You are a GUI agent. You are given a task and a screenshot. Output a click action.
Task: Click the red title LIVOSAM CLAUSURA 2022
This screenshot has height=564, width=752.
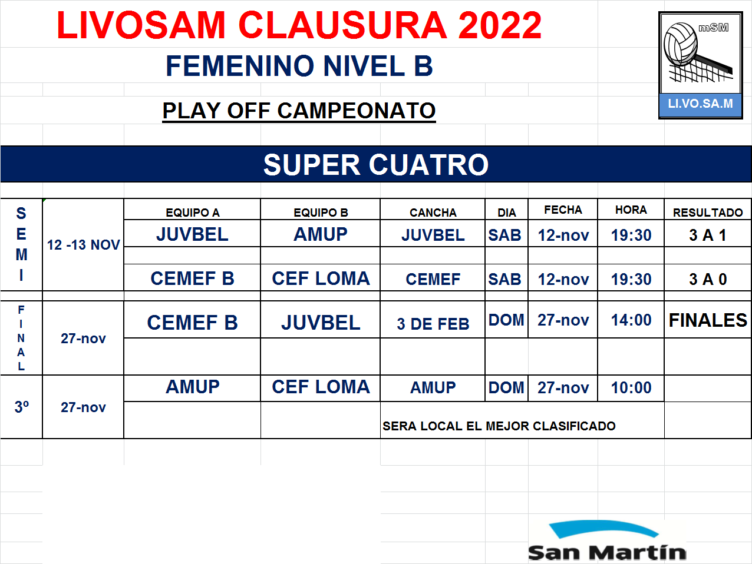[299, 25]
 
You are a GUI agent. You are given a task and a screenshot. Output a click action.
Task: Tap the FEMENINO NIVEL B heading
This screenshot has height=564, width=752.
[299, 66]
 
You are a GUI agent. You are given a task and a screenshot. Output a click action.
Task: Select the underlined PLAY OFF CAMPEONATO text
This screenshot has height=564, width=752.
[299, 111]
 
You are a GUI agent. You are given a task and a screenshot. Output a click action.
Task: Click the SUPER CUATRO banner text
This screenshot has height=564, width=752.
[376, 165]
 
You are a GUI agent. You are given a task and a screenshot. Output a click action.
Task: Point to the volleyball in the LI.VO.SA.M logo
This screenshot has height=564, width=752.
[680, 44]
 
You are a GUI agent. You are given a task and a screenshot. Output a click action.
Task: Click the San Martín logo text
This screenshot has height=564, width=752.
[607, 552]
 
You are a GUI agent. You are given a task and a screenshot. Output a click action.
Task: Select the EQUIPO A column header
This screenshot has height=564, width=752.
[193, 213]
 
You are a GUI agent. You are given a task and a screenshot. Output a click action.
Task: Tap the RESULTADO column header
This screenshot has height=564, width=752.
[708, 213]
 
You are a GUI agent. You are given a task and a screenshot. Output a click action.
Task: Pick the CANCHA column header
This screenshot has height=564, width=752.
[433, 213]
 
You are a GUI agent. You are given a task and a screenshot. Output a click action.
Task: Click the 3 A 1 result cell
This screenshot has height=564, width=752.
[708, 235]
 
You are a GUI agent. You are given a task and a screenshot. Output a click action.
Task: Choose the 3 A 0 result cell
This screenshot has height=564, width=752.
[708, 279]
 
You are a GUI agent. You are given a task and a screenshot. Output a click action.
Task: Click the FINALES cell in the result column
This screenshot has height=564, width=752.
[708, 320]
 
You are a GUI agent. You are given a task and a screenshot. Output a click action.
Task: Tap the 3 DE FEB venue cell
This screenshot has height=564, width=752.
[433, 324]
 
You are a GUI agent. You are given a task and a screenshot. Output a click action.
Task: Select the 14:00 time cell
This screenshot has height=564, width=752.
[631, 320]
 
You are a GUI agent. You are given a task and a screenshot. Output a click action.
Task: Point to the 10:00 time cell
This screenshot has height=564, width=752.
[631, 387]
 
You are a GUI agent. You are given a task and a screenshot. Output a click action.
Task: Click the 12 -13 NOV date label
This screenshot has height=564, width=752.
[83, 245]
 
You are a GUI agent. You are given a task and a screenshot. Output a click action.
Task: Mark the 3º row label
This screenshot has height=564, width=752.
[22, 407]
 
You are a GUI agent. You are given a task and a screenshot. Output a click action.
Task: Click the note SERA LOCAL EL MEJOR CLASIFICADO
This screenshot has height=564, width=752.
[499, 426]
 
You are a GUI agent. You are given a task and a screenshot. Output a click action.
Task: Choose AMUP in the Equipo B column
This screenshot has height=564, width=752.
[321, 234]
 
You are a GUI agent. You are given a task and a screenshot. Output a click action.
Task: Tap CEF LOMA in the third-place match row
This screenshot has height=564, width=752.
[321, 387]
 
